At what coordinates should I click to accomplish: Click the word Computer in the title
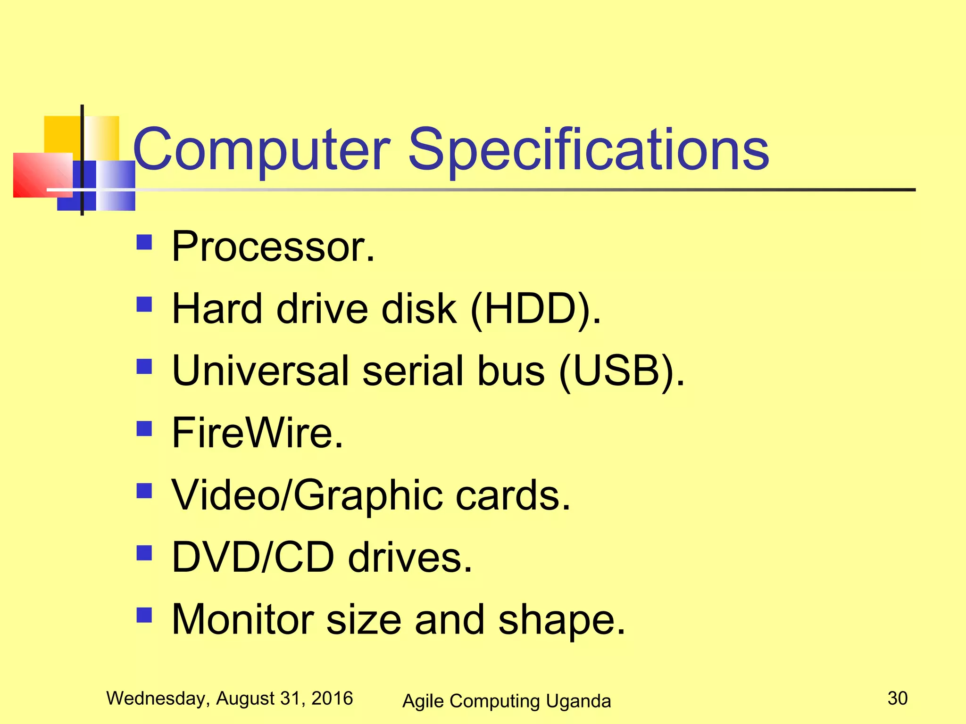point(262,150)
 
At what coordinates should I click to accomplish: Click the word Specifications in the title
point(588,150)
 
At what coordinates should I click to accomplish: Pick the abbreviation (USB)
point(622,371)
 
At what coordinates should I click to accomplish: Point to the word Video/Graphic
point(307,495)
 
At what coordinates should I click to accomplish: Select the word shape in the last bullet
point(561,620)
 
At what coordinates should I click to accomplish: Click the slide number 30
point(897,698)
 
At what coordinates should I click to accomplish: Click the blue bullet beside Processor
point(144,242)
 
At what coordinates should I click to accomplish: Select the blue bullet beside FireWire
point(144,428)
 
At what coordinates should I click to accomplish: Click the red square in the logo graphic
point(40,175)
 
